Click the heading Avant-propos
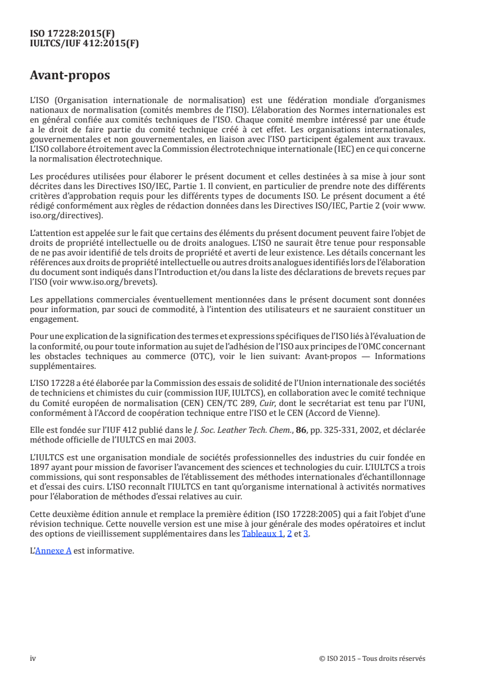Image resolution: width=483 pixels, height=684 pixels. point(70,76)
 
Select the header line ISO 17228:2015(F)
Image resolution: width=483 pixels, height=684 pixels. point(72,34)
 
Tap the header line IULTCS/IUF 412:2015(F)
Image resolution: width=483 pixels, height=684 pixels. point(85,43)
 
